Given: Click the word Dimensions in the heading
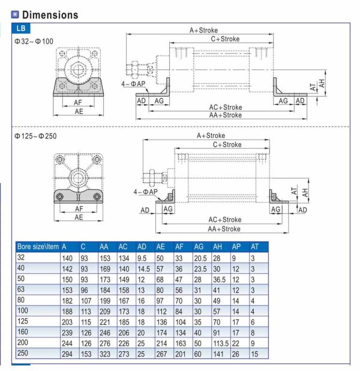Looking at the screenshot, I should click(50, 14).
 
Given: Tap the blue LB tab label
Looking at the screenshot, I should click(20, 28).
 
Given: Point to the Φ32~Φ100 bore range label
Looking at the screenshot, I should click(34, 43).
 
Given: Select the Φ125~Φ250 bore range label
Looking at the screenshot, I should click(35, 137).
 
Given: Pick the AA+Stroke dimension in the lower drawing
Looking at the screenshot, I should click(224, 229).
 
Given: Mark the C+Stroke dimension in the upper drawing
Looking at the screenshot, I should click(225, 39).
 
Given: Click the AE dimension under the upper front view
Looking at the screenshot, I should click(79, 111).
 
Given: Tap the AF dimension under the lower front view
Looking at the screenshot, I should click(79, 209).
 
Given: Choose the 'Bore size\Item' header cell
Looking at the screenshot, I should click(37, 246).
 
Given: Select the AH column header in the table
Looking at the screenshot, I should click(217, 246).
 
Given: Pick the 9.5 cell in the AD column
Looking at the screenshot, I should click(143, 257).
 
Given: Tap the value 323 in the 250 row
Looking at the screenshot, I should click(106, 354).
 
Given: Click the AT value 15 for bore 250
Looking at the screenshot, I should click(254, 354).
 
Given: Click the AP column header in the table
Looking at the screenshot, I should click(236, 246).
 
